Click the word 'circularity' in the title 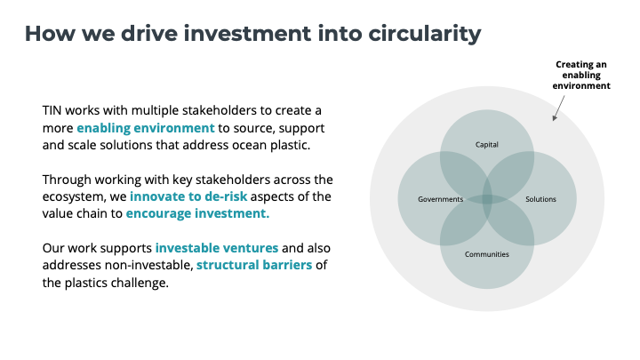(x=425, y=34)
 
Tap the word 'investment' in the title (x=247, y=33)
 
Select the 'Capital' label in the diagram (x=487, y=145)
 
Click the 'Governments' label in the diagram (x=440, y=199)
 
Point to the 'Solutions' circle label (x=540, y=199)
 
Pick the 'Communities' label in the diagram (x=487, y=254)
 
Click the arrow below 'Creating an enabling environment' (x=559, y=108)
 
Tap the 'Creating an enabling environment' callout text (x=581, y=75)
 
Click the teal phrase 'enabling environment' (x=146, y=128)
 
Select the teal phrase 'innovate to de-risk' (x=188, y=196)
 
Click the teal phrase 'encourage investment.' (x=197, y=213)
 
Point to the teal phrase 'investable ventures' (x=217, y=248)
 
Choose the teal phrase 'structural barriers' (x=254, y=265)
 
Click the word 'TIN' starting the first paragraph (x=52, y=110)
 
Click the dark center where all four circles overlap (x=487, y=199)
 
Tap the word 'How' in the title (x=50, y=34)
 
